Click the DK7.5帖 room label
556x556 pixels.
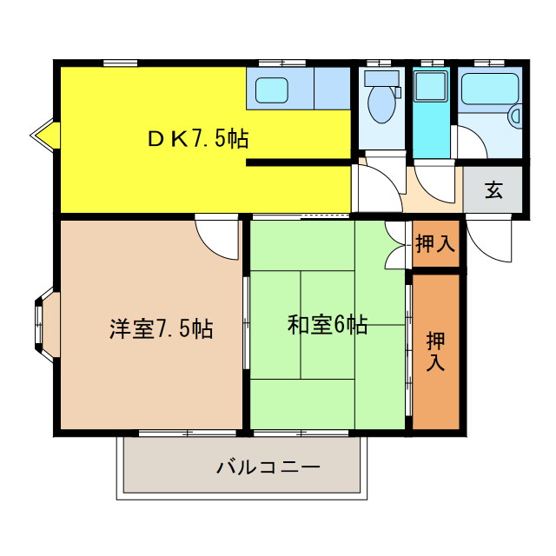click(197, 139)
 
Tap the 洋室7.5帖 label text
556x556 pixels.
click(162, 329)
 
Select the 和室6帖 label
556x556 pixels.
click(327, 326)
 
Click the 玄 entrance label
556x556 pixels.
click(493, 190)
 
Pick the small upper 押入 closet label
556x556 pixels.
click(435, 244)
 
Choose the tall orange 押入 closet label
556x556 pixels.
click(435, 351)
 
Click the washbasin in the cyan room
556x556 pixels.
click(429, 86)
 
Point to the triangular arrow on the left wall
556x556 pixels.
click(44, 134)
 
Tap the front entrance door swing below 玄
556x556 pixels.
click(486, 236)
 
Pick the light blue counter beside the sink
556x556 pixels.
click(332, 89)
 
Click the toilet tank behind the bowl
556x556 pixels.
click(381, 78)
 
